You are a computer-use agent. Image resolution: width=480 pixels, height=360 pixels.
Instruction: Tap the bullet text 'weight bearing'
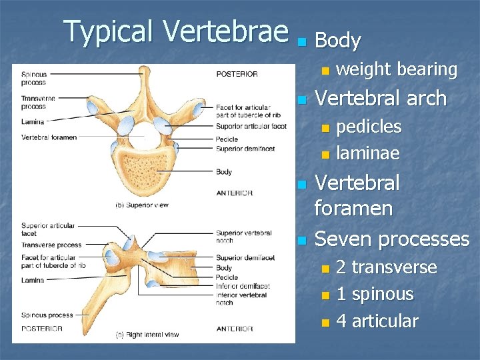(396, 69)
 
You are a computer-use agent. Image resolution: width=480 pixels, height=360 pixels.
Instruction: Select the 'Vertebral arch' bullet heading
(380, 99)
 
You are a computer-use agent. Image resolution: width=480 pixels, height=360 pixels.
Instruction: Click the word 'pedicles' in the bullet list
(369, 127)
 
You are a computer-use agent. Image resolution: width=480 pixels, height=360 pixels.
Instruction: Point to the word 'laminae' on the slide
(367, 153)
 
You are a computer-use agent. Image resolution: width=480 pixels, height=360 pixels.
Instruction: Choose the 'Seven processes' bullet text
(391, 239)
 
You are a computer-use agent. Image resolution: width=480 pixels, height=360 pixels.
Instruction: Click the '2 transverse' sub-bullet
(386, 267)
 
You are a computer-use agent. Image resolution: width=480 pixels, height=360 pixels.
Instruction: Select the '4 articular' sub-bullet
(377, 321)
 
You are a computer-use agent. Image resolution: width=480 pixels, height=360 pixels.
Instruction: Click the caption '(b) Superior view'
(143, 205)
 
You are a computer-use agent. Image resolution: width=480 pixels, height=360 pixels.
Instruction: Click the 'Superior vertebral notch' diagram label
(243, 237)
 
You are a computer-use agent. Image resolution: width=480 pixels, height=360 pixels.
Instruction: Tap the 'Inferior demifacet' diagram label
(241, 286)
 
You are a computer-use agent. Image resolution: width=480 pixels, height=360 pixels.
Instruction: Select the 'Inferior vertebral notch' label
(241, 299)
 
